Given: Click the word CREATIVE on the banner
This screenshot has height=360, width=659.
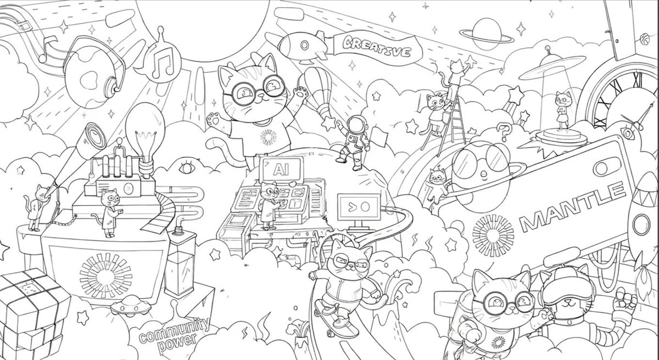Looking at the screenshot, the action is coord(377,47).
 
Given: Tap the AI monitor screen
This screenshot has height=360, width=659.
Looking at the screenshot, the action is coord(282,170).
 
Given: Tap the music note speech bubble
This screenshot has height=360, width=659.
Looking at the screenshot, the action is coord(162,61).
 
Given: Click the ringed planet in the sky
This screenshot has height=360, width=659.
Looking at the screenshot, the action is coord(487,35).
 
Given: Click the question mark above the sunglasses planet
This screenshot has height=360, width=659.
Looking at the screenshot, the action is coord(504,132).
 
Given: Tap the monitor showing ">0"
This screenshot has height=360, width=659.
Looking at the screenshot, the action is coord(359,207).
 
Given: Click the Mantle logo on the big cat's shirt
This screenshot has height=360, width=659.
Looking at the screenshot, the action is coord(268,137).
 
